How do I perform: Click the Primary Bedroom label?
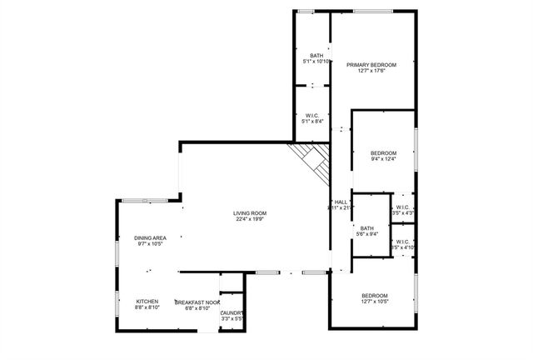point(371,64)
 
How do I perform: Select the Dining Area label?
point(150,238)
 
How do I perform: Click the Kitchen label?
point(147,302)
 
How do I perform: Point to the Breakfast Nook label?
point(197,302)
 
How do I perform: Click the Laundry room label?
point(232,312)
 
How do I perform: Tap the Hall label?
point(341,202)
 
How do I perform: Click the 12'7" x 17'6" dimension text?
point(371,71)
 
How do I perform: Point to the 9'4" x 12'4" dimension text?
point(383,159)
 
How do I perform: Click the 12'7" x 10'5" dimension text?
point(374,303)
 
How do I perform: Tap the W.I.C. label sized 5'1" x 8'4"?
point(313,116)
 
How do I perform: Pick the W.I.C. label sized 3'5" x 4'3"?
point(403,207)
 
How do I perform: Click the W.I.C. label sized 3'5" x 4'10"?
point(403,242)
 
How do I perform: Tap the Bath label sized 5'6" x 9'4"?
point(367,227)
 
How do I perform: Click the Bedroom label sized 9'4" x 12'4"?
point(383,152)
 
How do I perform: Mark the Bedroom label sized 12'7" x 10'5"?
point(374,297)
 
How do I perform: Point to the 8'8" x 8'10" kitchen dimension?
point(147,308)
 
